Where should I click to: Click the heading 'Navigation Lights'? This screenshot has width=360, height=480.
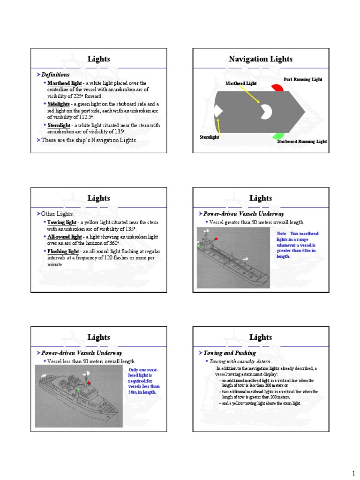[x=260, y=59]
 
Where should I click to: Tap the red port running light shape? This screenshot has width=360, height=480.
[x=277, y=88]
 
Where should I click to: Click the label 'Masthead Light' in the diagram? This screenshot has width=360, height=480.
[x=241, y=83]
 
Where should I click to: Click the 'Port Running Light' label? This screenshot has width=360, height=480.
[x=303, y=80]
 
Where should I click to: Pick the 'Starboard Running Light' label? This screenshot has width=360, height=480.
[x=301, y=141]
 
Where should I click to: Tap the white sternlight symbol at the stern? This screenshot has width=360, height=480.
[x=218, y=111]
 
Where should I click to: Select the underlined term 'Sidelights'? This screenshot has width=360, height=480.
[x=59, y=104]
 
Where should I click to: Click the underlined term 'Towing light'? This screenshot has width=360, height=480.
[x=62, y=222]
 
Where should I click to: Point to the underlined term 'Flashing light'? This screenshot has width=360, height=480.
[x=63, y=251]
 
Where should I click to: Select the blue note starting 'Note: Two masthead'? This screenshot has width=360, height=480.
[x=296, y=245]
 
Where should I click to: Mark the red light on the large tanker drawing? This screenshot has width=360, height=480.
[x=216, y=239]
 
